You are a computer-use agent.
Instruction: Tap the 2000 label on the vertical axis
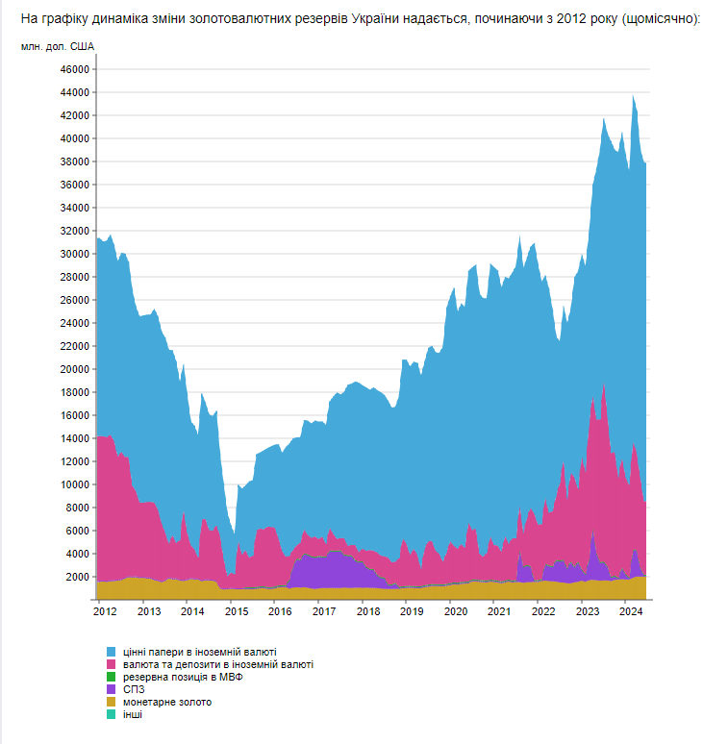coord(78,577)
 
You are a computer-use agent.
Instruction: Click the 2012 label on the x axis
coord(105,611)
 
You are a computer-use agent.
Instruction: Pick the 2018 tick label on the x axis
coord(367,611)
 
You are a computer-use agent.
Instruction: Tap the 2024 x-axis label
coord(630,611)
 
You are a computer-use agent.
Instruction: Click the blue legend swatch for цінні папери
coord(112,653)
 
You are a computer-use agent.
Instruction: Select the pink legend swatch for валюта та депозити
coord(112,665)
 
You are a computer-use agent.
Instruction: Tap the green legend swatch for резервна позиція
coord(112,678)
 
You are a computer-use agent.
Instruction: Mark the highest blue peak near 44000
coord(633,95)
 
